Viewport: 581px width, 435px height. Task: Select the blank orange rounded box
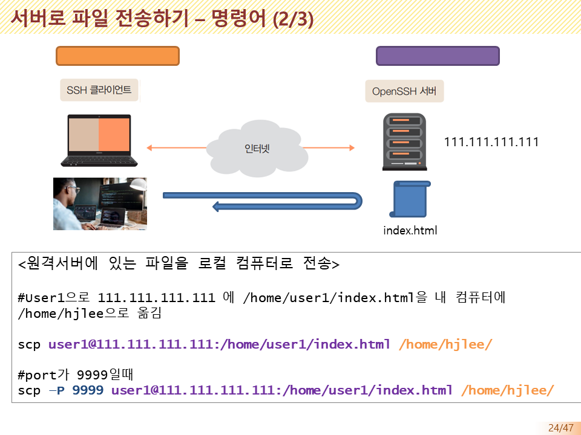117,56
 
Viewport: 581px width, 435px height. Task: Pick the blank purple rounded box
438,56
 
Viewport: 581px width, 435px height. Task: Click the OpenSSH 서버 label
404,92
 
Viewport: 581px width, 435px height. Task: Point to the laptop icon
96,140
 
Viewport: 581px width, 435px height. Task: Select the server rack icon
404,143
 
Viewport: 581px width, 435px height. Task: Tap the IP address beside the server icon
491,142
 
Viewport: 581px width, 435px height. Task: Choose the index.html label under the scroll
410,230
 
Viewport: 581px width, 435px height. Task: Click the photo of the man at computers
100,204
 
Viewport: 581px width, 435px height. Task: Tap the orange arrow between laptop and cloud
177,147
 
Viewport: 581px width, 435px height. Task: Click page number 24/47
560,428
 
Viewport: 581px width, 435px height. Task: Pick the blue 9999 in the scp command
87,390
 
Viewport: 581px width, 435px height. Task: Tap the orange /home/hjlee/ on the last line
507,390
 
